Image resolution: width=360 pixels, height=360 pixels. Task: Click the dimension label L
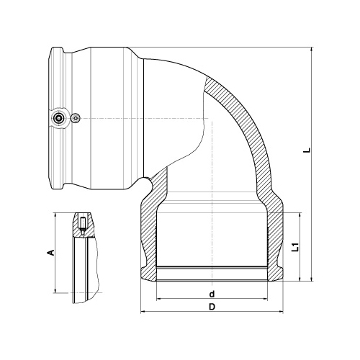(x=308, y=150)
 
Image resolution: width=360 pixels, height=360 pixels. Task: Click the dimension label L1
(x=296, y=247)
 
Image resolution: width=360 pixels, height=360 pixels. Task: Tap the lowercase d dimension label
(x=212, y=294)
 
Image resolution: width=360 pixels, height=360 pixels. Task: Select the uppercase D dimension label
(x=212, y=307)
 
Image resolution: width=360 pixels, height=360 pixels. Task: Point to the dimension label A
(x=51, y=253)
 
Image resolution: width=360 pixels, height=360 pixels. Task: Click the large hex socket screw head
(x=59, y=118)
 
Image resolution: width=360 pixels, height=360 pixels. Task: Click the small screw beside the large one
(x=76, y=118)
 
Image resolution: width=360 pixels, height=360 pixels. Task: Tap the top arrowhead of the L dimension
(x=312, y=49)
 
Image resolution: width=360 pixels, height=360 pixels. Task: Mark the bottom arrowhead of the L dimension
(x=312, y=279)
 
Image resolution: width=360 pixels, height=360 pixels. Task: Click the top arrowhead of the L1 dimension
(x=300, y=215)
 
